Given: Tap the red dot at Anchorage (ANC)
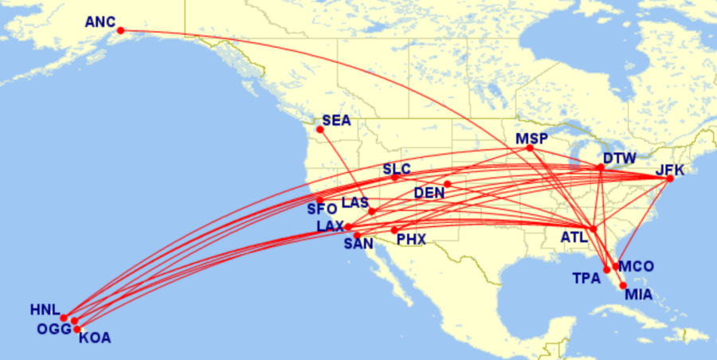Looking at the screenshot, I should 120,30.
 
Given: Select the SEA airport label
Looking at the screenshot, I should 336,120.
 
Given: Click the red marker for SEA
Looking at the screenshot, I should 320,129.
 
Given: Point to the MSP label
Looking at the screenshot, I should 531,139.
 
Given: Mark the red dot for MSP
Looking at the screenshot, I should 531,148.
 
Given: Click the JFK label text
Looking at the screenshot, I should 670,169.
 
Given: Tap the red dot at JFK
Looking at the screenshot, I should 670,178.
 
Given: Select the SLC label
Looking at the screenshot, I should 397,169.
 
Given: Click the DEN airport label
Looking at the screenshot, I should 429,193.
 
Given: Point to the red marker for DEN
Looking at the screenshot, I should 448,184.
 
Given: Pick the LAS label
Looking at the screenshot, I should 355,204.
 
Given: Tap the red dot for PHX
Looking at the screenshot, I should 394,230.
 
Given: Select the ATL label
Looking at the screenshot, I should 575,237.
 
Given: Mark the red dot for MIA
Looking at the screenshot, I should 623,285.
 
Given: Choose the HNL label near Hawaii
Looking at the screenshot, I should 45,309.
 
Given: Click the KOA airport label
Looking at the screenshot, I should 96,338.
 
